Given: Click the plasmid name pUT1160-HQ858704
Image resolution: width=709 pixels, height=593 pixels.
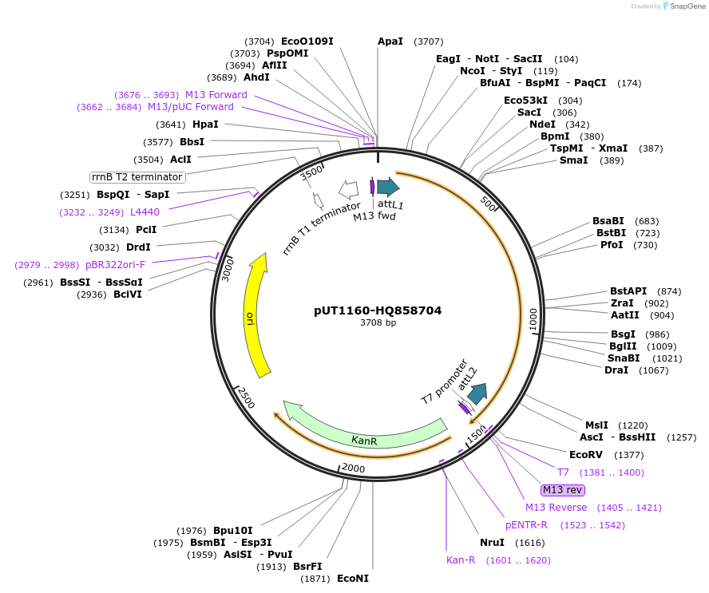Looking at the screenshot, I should point(378,310).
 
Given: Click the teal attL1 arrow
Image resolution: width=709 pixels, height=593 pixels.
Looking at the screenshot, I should point(388,187).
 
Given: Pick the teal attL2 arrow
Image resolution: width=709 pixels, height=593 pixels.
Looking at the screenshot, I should point(477,393).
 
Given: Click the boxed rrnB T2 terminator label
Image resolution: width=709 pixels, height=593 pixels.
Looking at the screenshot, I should point(137,177).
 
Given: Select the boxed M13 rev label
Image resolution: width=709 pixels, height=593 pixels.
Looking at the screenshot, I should point(563,489).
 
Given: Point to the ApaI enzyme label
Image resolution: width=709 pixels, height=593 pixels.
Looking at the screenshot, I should point(390,41).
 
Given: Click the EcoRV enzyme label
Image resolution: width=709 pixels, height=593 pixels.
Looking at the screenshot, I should point(585,455).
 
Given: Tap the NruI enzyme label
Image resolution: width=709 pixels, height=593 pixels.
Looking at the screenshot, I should point(492,543).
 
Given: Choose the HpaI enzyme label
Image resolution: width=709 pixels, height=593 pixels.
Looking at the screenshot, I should point(205,125).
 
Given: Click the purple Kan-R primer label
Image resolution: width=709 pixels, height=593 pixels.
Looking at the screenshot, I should point(461,560).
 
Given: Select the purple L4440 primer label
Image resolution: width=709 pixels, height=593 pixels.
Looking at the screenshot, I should point(145,212).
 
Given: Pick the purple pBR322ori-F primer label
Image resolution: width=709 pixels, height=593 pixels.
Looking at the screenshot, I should point(116,265).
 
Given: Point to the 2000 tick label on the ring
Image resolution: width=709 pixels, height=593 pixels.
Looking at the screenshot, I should point(353,468).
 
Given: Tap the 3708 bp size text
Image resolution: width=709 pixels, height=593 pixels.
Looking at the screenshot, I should point(378,323).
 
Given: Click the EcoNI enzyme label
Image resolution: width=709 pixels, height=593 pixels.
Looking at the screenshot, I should point(352,579).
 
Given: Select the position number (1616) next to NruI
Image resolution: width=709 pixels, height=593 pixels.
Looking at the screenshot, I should point(530,543).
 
